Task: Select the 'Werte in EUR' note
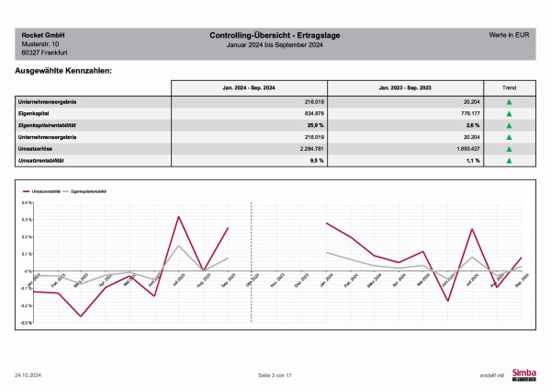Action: click(510, 34)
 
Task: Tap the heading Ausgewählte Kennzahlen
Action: click(64, 71)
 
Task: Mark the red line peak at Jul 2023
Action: click(178, 217)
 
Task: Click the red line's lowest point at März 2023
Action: click(81, 316)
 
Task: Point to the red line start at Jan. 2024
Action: click(326, 223)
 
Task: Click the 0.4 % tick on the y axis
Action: click(28, 201)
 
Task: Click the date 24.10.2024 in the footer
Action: click(28, 376)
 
